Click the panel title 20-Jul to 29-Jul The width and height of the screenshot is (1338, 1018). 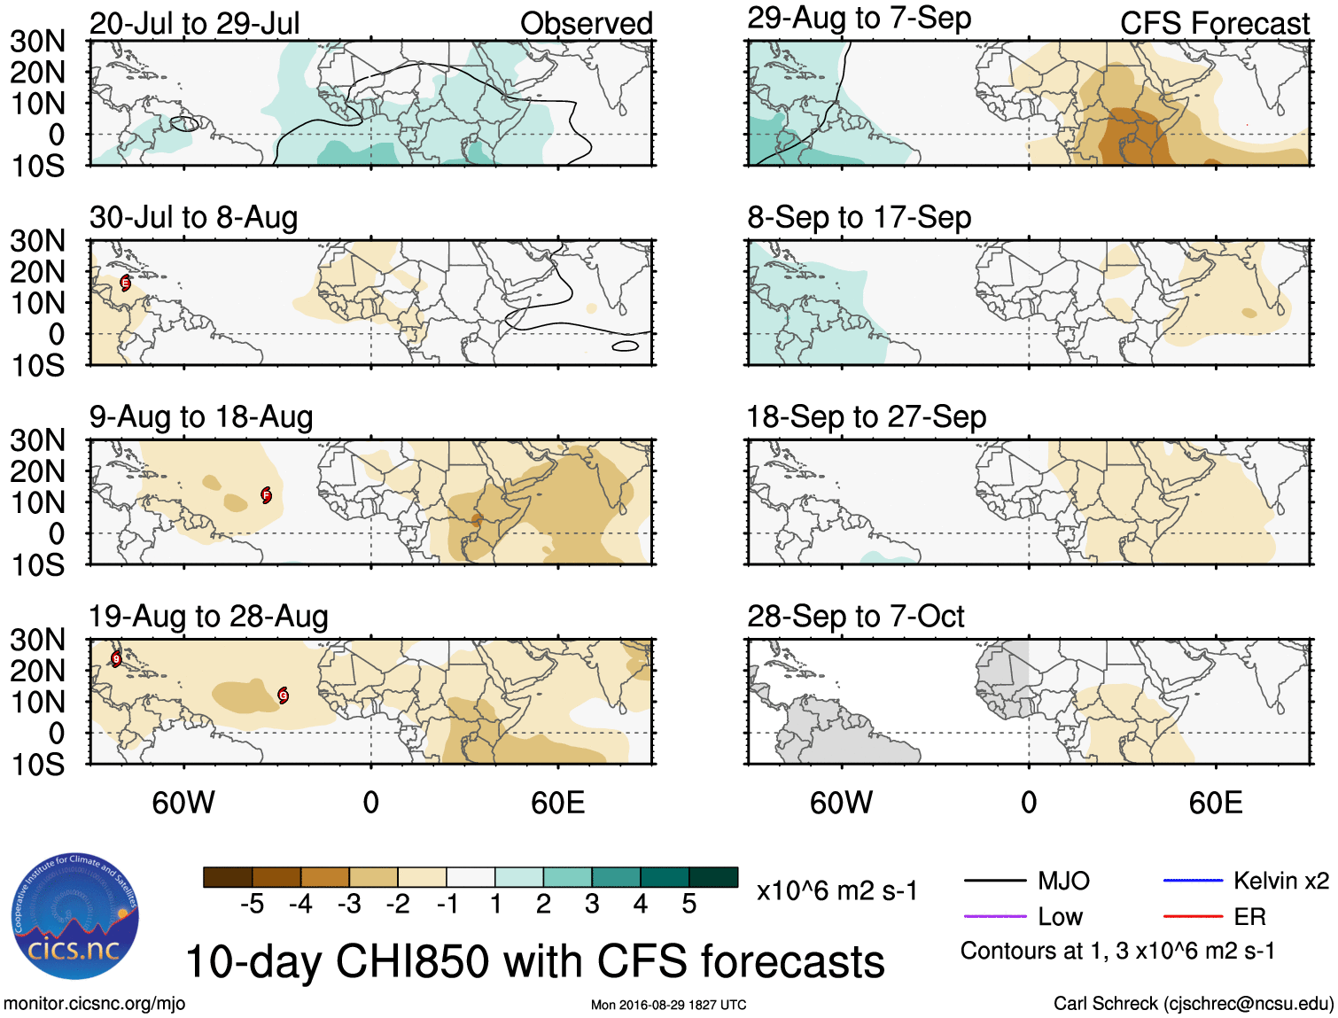point(194,23)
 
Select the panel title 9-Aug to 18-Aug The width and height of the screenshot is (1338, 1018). point(201,416)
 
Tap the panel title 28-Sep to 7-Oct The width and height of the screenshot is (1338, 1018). point(855,616)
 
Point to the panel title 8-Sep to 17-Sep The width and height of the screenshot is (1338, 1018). point(859,217)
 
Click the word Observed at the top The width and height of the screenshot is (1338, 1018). point(586,23)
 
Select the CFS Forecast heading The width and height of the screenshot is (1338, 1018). point(1214,23)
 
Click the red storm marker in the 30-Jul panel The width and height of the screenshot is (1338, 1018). point(126,284)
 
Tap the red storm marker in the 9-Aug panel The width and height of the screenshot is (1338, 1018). point(266,495)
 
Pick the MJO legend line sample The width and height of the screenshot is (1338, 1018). point(994,881)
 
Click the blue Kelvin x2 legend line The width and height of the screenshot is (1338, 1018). point(1193,881)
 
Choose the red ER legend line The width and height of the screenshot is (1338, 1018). point(1193,916)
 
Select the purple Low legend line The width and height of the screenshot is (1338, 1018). point(994,916)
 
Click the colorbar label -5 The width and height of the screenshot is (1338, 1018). point(252,904)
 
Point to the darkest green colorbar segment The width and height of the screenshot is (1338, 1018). point(713,877)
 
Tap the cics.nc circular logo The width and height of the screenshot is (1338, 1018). point(75,917)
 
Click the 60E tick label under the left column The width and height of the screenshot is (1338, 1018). point(557,803)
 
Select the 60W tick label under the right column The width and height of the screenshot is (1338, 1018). point(841,803)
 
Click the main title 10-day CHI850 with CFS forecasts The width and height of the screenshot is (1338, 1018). point(534,961)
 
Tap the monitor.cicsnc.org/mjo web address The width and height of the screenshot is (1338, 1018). point(94,1004)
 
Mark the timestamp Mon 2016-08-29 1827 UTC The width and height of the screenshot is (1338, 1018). point(668,1005)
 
